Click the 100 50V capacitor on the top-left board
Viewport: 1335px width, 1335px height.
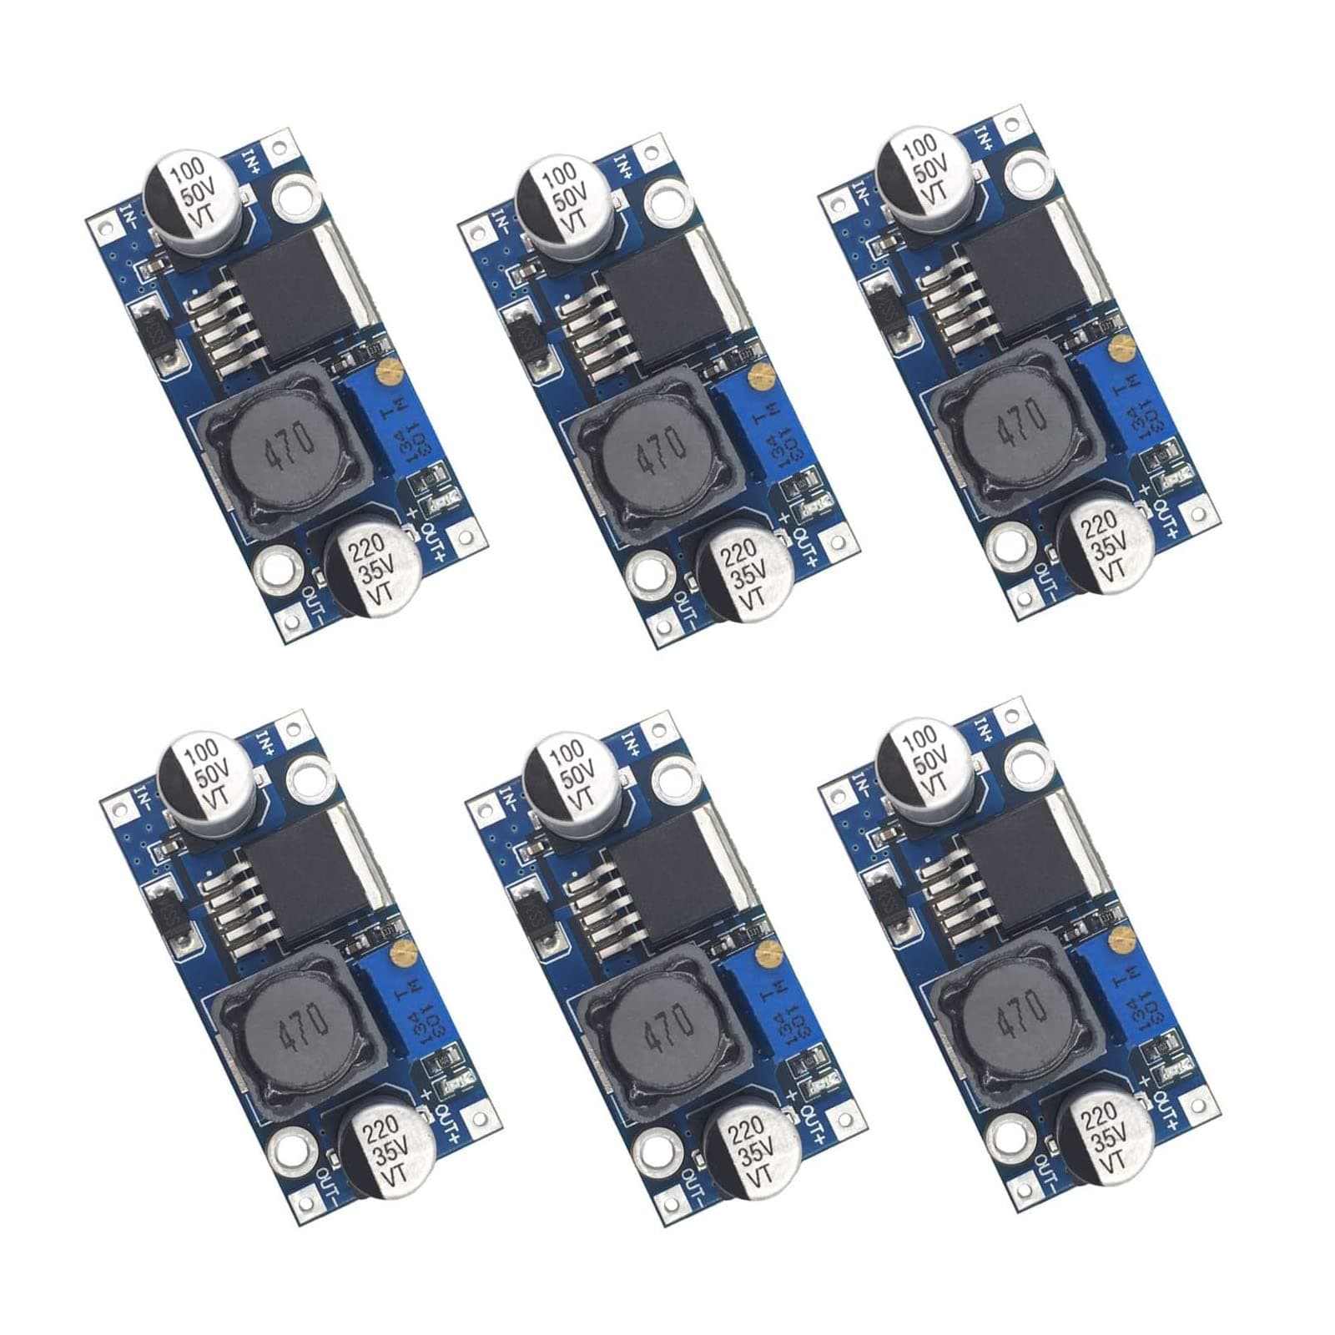pyautogui.click(x=194, y=194)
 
